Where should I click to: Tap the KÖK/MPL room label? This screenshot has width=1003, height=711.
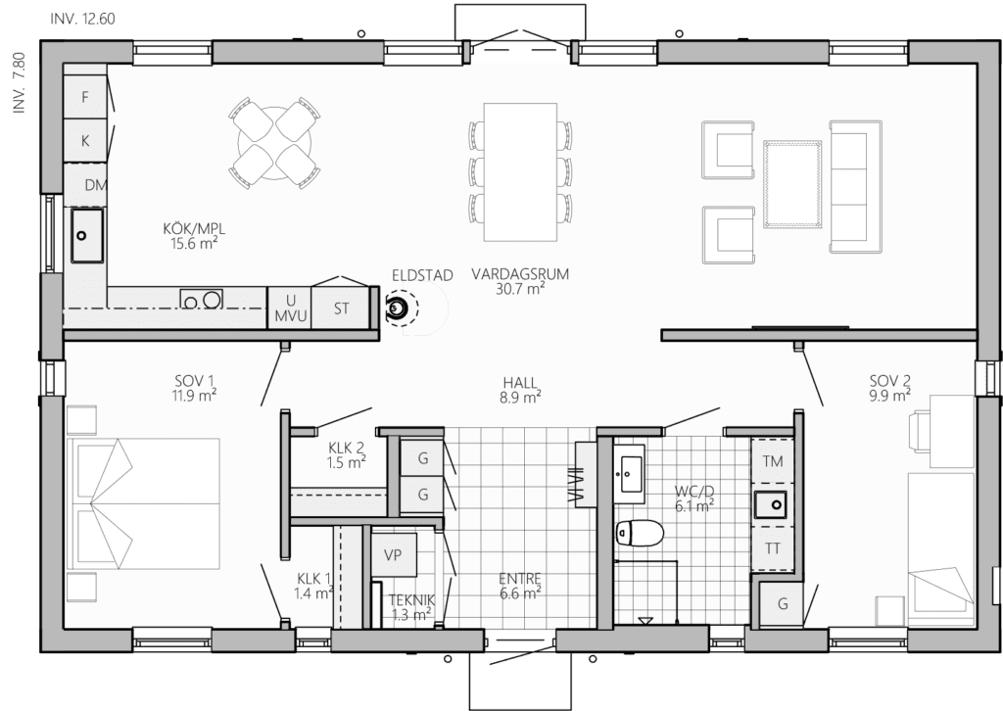pos(195,229)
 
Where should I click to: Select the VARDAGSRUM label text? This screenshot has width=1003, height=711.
pos(520,274)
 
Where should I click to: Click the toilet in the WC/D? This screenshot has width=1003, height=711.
pos(640,533)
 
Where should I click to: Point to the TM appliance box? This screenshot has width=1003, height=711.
pos(773,460)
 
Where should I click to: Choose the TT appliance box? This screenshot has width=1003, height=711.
pos(773,548)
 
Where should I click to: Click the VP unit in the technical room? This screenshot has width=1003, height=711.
pos(393,555)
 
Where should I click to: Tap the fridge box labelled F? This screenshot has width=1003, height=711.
pos(85,97)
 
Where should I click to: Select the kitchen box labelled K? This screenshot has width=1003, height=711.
pos(85,141)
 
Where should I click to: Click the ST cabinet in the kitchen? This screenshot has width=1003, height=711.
pos(341,308)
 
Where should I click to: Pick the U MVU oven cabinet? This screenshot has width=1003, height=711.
pos(290,308)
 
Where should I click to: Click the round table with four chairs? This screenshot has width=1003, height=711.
pos(274,143)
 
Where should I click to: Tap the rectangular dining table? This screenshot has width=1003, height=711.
pos(520,172)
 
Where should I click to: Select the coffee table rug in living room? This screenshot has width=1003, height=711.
pos(792,184)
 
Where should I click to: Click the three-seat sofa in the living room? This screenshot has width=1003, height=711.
pos(856,186)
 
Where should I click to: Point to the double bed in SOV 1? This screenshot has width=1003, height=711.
pos(143,503)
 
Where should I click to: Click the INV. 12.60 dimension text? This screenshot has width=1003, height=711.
pos(82,20)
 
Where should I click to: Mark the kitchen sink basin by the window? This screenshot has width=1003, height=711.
pos(87,235)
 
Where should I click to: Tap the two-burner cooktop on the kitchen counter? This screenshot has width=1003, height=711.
pos(201,299)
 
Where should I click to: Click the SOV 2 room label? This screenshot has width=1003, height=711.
pos(889,381)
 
